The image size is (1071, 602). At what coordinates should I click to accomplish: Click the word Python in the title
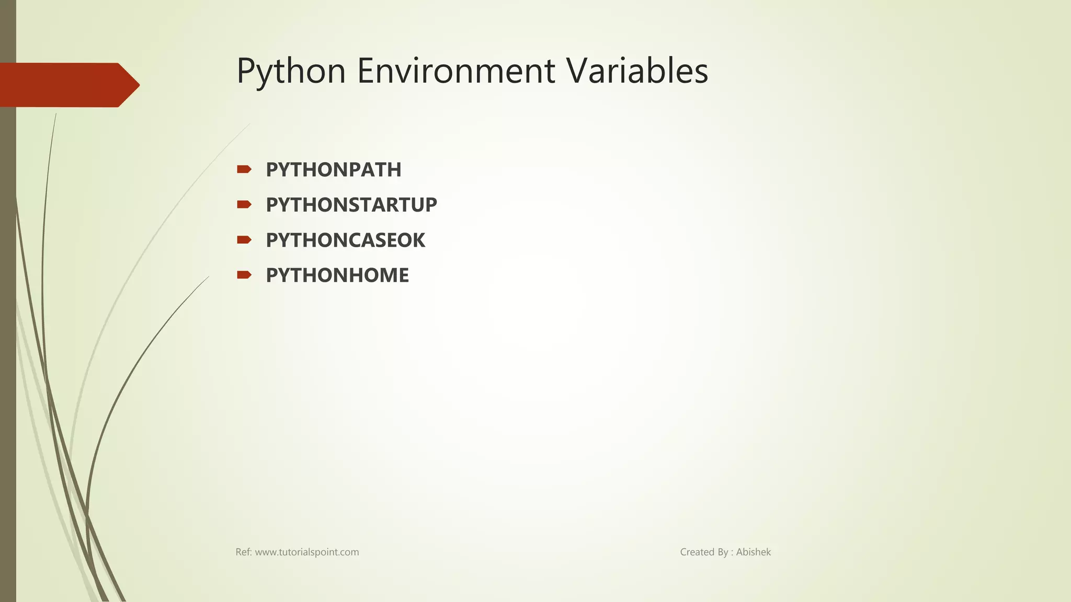[x=291, y=71]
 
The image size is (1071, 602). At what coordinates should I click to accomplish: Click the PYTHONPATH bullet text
[x=333, y=170]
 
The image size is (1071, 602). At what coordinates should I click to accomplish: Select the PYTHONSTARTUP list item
[x=351, y=205]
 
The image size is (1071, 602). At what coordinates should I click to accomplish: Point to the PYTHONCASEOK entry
[x=345, y=240]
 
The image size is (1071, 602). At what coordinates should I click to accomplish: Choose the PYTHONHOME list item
[x=337, y=275]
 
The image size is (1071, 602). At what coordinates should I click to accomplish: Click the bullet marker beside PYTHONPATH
[x=244, y=169]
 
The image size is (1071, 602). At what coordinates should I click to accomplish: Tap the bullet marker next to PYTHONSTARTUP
[x=244, y=204]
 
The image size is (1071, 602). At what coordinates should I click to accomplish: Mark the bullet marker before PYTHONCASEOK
[x=244, y=240]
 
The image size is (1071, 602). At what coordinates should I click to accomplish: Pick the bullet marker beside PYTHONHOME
[x=244, y=275]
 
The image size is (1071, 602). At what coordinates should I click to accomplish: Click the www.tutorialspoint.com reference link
[x=306, y=552]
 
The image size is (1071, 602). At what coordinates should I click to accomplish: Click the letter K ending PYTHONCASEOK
[x=419, y=240]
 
